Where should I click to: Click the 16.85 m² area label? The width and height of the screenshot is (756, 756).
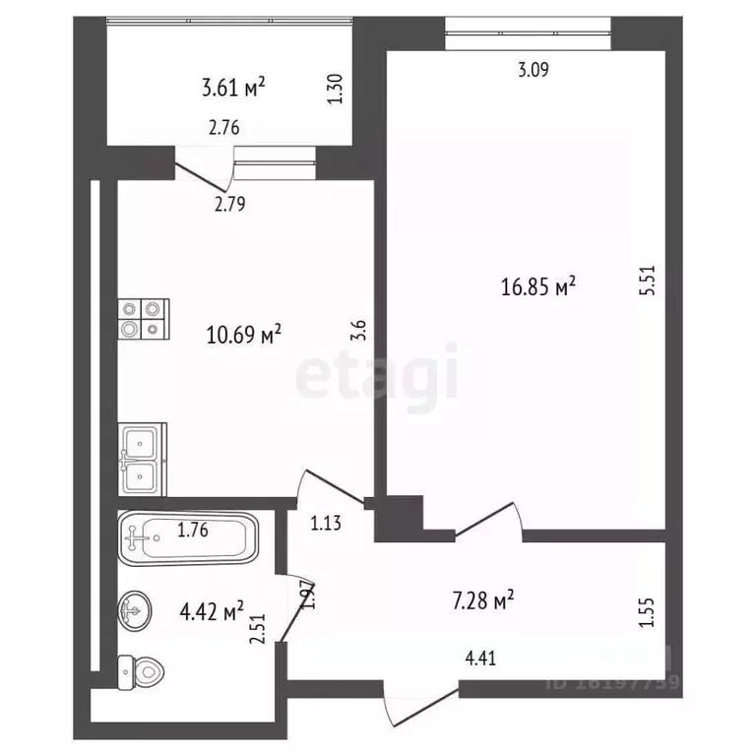[538, 286]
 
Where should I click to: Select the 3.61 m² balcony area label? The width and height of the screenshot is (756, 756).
[233, 89]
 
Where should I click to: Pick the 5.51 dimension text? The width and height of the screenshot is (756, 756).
[646, 284]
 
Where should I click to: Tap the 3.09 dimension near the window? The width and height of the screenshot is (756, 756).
[533, 69]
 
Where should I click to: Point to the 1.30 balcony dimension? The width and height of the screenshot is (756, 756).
[336, 92]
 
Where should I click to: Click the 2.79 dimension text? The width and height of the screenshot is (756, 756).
[229, 205]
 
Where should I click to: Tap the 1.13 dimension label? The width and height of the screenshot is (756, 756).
[325, 524]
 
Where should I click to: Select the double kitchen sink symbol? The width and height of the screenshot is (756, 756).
[143, 459]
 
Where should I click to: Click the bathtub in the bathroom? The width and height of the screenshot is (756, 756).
[187, 537]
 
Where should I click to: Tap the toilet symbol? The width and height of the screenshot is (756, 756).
[140, 674]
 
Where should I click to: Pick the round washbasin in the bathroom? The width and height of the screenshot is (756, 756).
[136, 610]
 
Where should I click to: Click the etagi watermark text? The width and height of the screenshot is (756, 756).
[378, 372]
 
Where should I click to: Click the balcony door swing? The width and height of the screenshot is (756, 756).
[202, 173]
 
